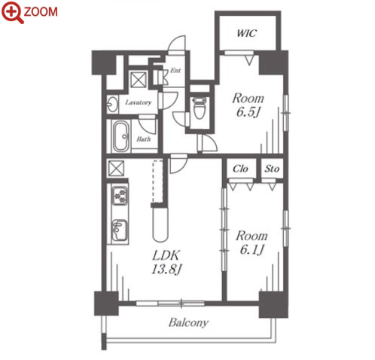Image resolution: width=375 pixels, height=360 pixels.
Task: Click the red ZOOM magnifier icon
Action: click(13, 12)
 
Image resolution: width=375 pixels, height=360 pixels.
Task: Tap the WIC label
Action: click(247, 33)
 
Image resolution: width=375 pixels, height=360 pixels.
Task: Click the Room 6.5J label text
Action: click(248, 105)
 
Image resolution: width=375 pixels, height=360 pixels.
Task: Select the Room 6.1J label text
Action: click(252, 243)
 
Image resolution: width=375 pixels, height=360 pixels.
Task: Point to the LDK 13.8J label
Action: click(166, 262)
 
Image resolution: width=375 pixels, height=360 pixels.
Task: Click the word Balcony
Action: click(188, 323)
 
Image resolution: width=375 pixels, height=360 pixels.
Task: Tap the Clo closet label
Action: click(240, 169)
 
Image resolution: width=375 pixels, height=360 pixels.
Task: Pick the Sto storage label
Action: click(272, 169)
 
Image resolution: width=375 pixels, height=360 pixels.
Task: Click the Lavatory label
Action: click(139, 102)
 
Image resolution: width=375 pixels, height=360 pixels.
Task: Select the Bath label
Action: click(144, 139)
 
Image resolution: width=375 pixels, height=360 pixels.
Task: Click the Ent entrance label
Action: click(175, 71)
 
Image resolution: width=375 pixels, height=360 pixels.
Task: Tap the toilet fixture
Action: click(200, 108)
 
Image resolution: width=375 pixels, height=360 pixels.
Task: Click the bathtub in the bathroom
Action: click(120, 137)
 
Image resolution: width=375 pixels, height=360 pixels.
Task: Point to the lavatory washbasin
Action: click(113, 104)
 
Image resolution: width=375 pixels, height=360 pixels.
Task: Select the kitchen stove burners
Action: click(120, 195)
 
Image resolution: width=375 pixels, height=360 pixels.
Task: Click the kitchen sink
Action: click(119, 230)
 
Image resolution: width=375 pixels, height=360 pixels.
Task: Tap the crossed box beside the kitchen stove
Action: click(116, 168)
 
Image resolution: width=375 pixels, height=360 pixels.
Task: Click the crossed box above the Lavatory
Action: click(139, 79)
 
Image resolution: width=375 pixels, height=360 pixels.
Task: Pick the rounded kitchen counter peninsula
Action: click(160, 224)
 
